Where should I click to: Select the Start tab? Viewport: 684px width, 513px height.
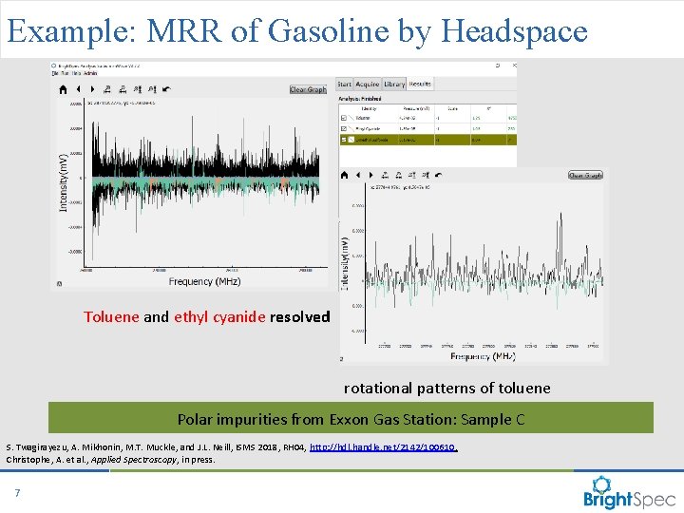click(x=343, y=85)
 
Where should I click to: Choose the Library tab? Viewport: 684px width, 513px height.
click(x=394, y=85)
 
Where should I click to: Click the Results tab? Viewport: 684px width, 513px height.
click(x=420, y=85)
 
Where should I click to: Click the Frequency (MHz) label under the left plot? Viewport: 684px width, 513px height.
click(x=204, y=281)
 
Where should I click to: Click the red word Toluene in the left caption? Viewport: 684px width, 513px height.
click(x=111, y=317)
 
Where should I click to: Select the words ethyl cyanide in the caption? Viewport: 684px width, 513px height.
click(x=219, y=317)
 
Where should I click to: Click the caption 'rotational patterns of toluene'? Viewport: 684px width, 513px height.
click(x=446, y=388)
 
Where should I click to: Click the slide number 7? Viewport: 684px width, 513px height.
click(x=17, y=492)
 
